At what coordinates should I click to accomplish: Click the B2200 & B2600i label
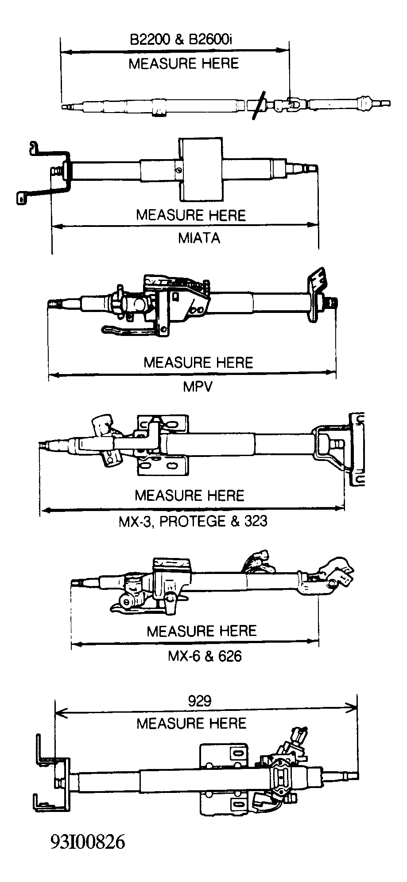[x=181, y=39]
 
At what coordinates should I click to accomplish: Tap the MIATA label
[x=199, y=238]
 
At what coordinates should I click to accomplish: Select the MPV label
[x=198, y=386]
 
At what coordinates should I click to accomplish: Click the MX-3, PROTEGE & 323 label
[x=193, y=521]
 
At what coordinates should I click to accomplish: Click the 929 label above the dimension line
[x=200, y=701]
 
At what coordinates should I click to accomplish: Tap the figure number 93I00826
[x=88, y=842]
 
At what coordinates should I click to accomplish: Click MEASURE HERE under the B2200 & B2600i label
[x=183, y=63]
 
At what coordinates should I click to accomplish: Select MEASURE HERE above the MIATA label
[x=191, y=215]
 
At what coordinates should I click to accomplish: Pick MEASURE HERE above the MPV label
[x=198, y=362]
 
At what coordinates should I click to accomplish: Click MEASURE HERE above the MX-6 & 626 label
[x=202, y=631]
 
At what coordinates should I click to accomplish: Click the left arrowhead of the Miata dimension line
[x=56, y=226]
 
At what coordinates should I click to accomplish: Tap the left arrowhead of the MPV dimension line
[x=53, y=375]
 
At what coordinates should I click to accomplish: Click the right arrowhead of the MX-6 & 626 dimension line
[x=314, y=643]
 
